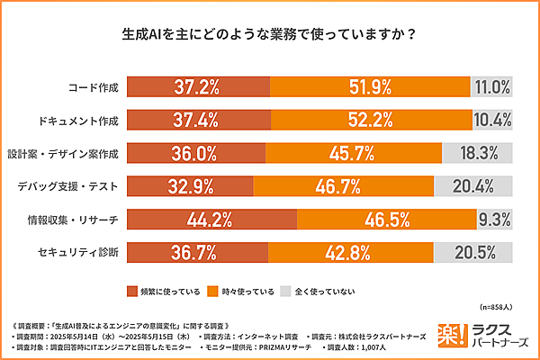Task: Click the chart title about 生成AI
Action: pos(269,37)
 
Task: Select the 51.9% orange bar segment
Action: pos(369,86)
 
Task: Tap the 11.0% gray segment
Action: pos(491,86)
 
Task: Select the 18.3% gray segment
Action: pos(477,153)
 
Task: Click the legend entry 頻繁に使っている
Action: pos(167,292)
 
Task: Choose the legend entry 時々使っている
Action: pos(240,292)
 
